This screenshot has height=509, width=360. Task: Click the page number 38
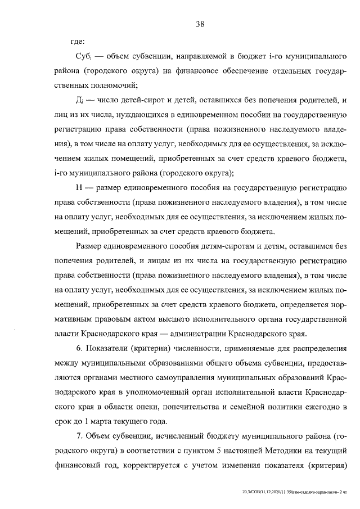[x=199, y=24]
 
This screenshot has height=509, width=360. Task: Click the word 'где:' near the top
[x=77, y=42]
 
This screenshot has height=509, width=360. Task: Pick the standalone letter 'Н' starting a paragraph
[x=78, y=188]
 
